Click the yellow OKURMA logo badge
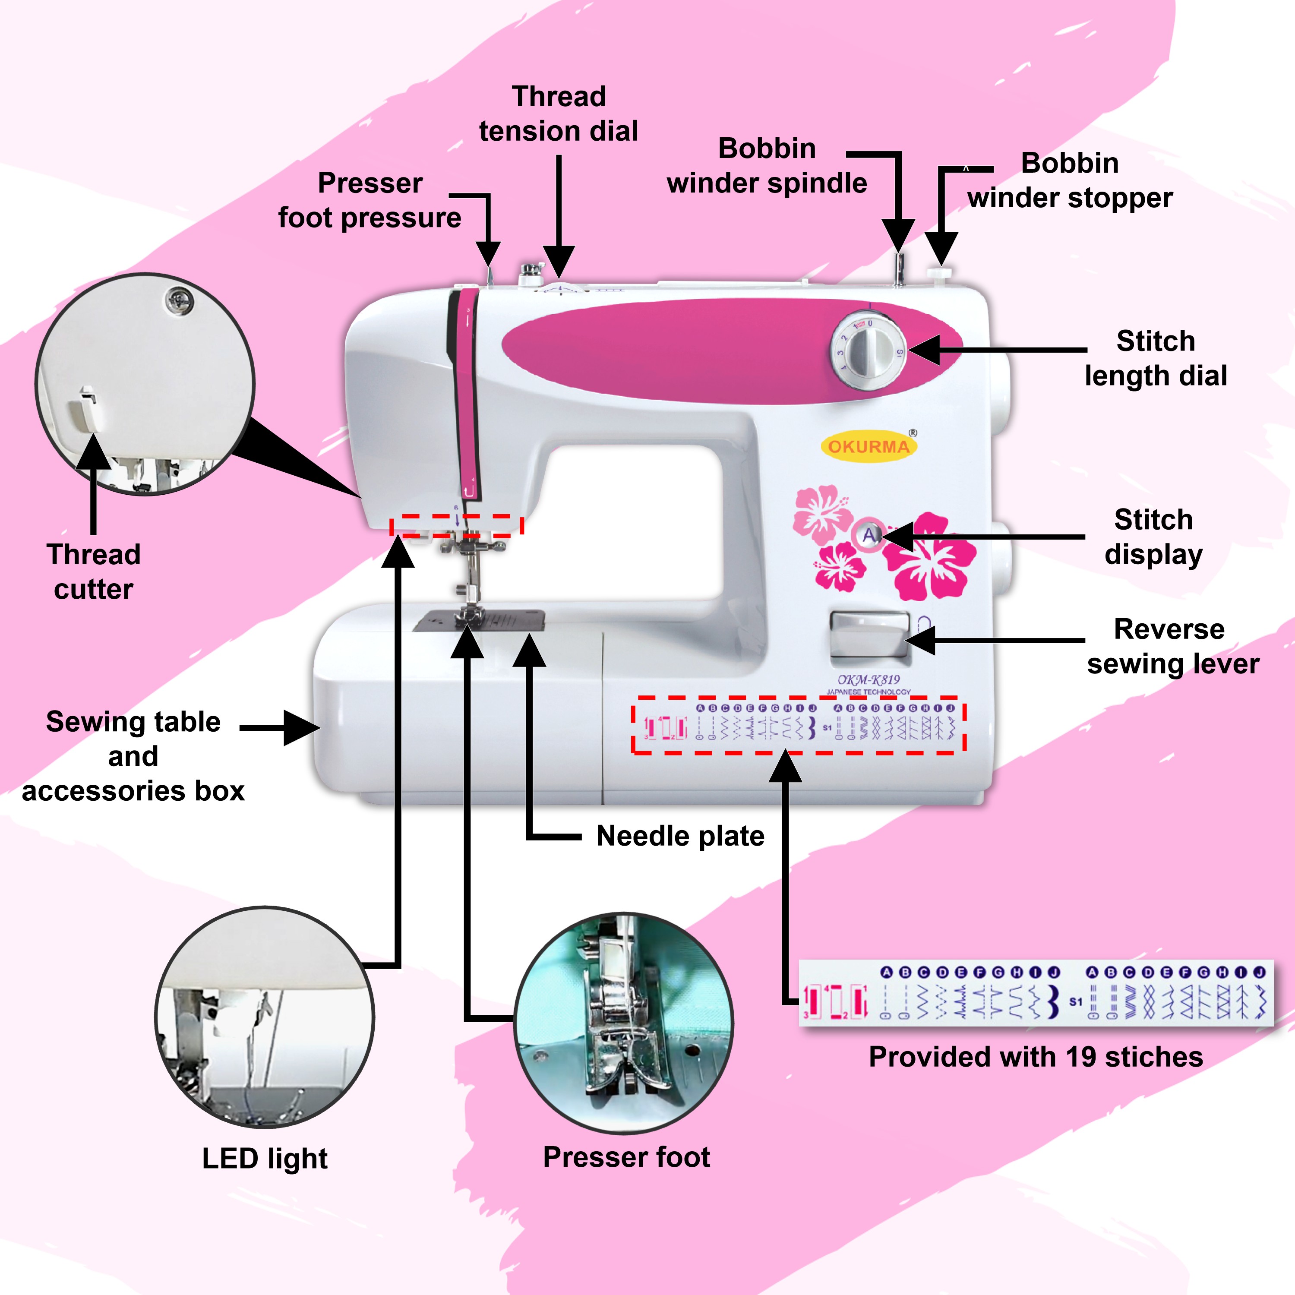coord(869,446)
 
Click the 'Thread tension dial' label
coord(558,114)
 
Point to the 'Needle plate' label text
coord(680,836)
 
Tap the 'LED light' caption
coord(265,1158)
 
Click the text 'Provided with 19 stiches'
coord(1036,1057)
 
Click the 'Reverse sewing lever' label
coord(1172,646)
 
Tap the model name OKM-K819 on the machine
coord(868,680)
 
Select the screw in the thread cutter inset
coord(179,300)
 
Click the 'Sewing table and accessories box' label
coord(133,756)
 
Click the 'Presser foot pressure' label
coord(370,200)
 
